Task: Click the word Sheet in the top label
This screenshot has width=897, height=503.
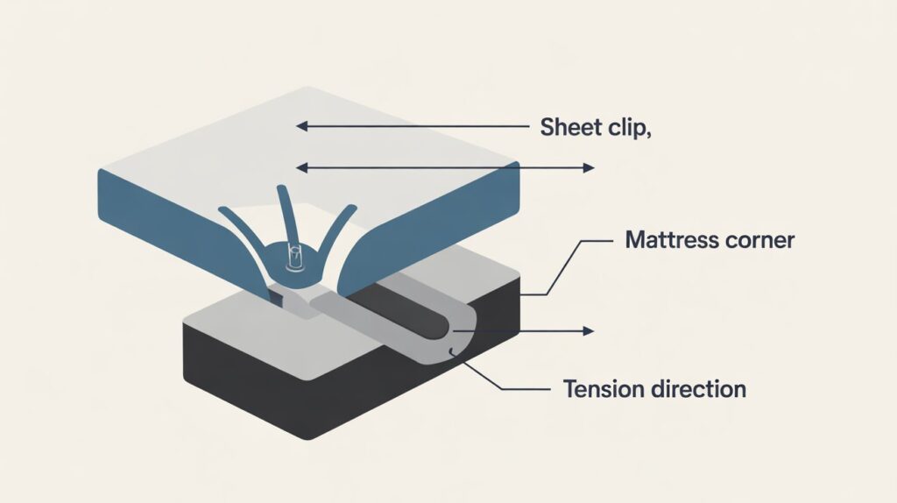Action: pos(566,127)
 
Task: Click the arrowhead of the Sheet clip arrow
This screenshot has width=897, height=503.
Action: pos(301,126)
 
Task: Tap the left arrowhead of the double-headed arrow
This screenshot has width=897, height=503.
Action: pos(301,166)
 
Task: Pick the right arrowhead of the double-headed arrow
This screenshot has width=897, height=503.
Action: pos(590,166)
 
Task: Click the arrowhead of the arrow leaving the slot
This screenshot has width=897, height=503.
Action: pos(590,331)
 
